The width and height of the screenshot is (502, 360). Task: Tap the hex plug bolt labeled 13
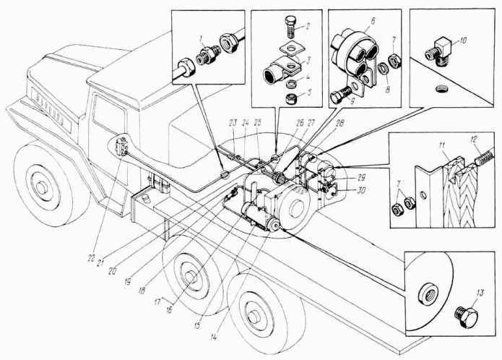tap(466, 316)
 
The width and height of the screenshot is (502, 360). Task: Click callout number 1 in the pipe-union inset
tap(202, 40)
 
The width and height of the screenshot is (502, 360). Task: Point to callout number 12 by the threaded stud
tap(475, 140)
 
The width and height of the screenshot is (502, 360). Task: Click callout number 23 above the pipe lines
tap(232, 122)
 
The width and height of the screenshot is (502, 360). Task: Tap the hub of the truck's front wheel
tap(40, 188)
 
